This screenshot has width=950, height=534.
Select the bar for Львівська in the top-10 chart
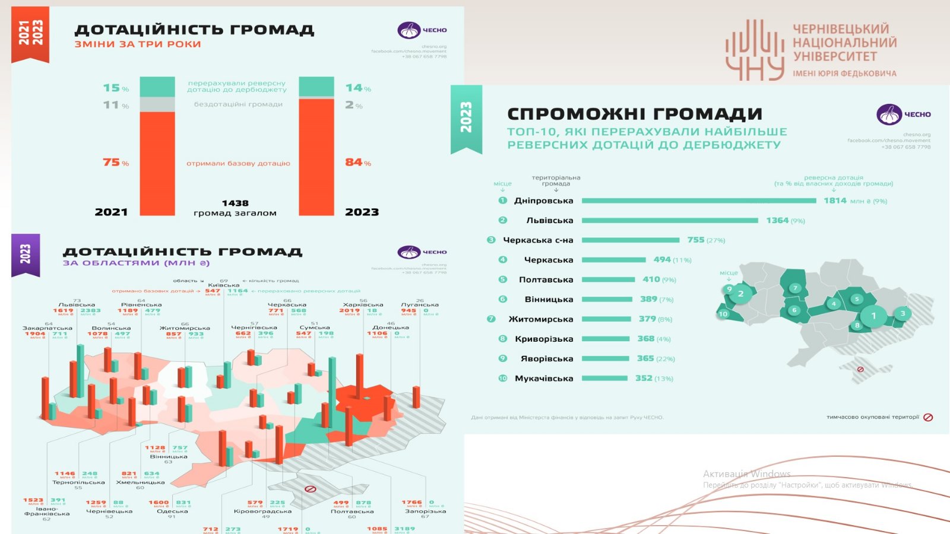coord(670,220)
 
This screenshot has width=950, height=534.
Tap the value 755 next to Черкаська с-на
coord(696,240)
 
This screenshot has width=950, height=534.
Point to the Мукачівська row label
coord(544,379)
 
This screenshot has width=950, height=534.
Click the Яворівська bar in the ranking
coord(605,358)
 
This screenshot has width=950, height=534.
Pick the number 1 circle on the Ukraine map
coord(873,316)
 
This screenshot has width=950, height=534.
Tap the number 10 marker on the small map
coord(723,314)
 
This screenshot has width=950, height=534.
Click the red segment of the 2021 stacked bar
coord(157,163)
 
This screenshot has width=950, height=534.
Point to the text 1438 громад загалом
coord(235,208)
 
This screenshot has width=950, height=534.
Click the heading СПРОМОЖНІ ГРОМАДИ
coord(634,114)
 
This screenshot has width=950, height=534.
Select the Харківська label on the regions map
coord(363,305)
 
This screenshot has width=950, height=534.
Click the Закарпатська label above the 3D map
coord(47,328)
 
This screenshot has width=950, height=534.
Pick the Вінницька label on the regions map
coord(169,456)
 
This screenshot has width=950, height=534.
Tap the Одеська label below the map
coord(173,511)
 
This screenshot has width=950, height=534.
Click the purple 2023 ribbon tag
coord(26,254)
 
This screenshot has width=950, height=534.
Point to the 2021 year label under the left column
coord(111,212)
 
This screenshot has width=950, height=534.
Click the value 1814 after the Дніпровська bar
coord(835,201)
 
